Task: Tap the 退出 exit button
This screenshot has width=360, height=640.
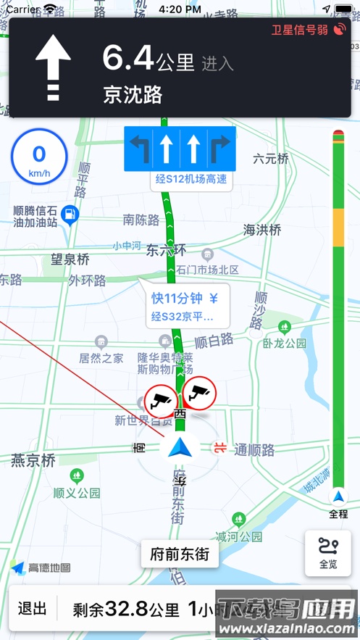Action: pos(32,609)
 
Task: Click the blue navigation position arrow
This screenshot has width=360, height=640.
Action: pos(178,447)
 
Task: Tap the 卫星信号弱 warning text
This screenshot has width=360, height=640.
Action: pos(300,30)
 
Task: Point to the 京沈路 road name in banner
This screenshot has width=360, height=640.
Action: pos(133,95)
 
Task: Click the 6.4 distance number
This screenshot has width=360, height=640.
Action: pos(128,58)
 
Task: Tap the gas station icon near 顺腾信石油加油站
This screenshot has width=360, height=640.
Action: pos(70,215)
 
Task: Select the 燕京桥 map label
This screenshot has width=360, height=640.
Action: pos(33,460)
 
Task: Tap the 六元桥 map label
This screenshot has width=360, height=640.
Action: pos(271,158)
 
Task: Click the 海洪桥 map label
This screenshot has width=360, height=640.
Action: pos(261,230)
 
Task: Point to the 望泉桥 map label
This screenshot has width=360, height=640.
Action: pos(70,259)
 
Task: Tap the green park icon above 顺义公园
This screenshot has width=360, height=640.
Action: pos(77,476)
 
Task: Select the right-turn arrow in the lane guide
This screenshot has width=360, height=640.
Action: pos(221,149)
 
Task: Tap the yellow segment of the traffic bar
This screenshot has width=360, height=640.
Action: pos(338,229)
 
